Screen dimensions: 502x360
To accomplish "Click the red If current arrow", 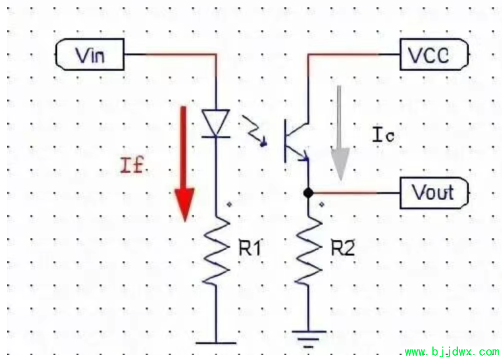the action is pos(184,164).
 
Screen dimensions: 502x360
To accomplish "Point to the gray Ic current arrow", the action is pos(339,133).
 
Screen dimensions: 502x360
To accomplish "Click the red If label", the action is pos(132,166).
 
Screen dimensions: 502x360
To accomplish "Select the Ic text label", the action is pos(383,135).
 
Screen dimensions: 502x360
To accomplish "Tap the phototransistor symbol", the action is pos(297,141).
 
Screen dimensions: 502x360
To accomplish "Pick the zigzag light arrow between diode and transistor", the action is pos(254,131).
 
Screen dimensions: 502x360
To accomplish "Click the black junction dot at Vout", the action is pos(308,193).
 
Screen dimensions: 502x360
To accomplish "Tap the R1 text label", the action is pos(250,248).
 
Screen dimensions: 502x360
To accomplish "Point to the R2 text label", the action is pos(343,248).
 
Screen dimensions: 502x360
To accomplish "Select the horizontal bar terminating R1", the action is pos(216,343).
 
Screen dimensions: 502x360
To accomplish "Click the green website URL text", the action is pos(452,352).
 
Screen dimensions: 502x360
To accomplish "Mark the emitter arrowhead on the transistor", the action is pos(304,157).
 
